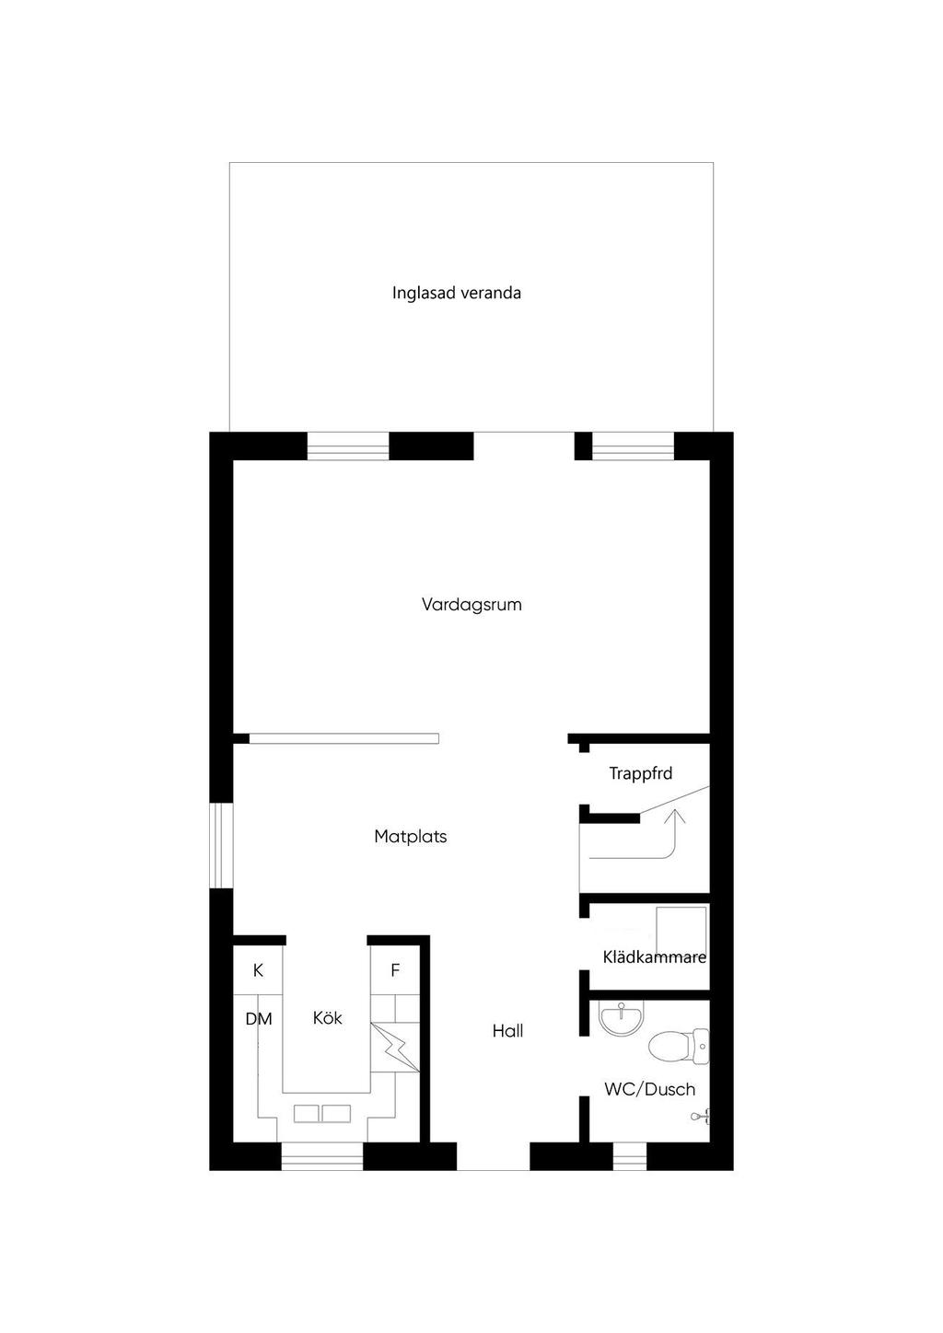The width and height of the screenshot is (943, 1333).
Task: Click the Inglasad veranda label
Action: [456, 294]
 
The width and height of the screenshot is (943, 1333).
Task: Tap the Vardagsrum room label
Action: [471, 605]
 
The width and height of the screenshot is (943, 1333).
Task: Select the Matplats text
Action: [410, 837]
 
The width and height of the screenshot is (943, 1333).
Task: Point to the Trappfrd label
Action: [640, 773]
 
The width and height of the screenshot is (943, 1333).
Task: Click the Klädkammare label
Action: [654, 957]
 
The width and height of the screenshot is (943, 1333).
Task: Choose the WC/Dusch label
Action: [649, 1089]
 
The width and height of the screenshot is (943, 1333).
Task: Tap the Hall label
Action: [507, 1031]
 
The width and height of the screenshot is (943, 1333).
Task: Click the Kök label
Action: [327, 1018]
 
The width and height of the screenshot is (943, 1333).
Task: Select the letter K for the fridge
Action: [258, 970]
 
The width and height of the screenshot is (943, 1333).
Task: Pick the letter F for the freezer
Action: [395, 970]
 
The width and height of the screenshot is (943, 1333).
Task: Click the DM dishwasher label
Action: [259, 1019]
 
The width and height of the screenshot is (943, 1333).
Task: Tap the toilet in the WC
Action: [678, 1047]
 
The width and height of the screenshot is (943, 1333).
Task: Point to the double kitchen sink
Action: [322, 1114]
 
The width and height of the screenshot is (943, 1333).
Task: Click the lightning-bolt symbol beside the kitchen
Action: [394, 1048]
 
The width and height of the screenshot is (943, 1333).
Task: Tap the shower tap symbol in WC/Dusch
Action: [700, 1117]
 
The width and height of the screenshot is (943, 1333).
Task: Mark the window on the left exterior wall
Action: [221, 845]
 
